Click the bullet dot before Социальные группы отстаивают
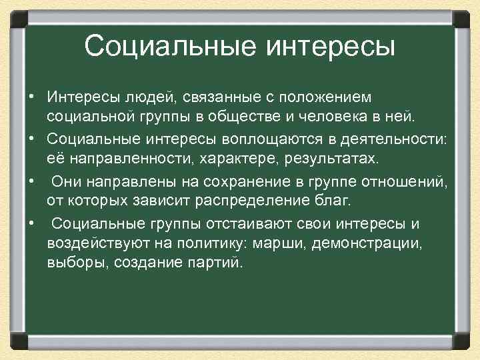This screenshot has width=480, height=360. pos(31,222)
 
